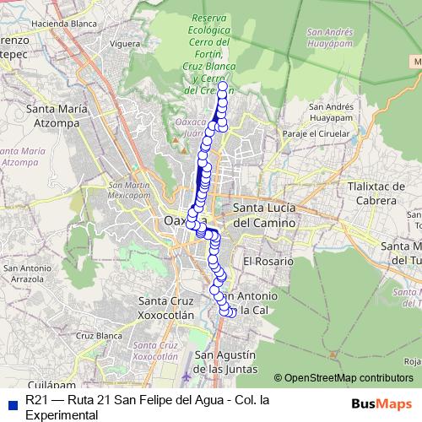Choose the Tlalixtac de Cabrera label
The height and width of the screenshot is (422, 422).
point(371,193)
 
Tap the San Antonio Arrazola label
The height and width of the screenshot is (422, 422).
point(32,273)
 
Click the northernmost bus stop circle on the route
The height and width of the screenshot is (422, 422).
point(223,86)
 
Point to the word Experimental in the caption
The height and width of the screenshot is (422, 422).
point(62,415)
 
